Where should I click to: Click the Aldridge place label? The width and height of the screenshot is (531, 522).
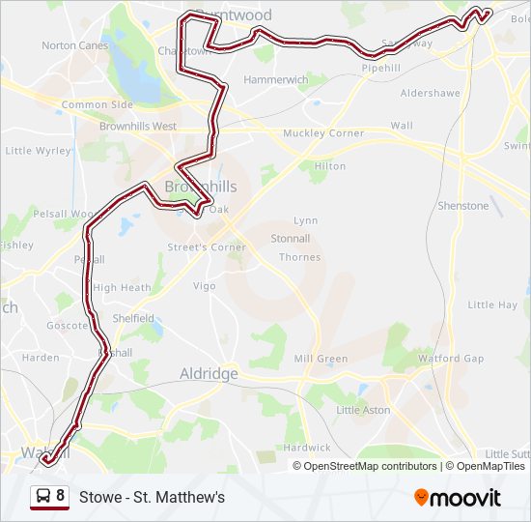point(209,373)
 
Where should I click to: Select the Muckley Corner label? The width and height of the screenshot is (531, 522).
point(323,133)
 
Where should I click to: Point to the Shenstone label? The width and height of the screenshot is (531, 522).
point(463,206)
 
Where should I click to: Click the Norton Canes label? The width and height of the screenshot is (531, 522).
point(75,45)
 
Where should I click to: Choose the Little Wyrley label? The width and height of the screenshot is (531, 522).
point(39,151)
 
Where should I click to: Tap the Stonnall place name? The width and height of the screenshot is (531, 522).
point(291,238)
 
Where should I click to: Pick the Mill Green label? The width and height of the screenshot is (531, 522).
point(321,359)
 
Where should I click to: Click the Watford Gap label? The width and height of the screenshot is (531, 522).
point(451,359)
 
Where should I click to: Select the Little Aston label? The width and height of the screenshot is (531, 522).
point(363,410)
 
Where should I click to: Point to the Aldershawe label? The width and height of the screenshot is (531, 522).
point(428,93)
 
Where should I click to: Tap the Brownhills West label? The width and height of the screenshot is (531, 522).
point(138,127)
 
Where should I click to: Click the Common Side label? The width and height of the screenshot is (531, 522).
point(98,104)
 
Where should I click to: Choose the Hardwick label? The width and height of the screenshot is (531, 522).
point(307,448)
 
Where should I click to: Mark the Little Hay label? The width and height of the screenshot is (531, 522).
point(492,304)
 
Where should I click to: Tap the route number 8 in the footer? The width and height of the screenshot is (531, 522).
point(61,497)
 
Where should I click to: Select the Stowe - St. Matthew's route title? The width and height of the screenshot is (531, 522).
point(152,497)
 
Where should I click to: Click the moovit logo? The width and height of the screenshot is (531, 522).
point(458,498)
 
